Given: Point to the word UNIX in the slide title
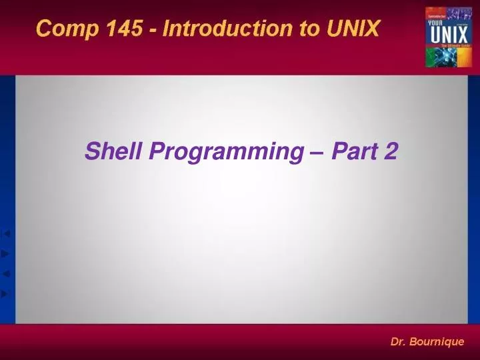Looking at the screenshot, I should point(353,29).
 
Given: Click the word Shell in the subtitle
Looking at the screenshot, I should point(114,152).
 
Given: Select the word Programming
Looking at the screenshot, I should point(225,153).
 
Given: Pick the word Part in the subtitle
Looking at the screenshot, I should point(353,152).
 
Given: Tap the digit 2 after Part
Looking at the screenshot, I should point(391,152).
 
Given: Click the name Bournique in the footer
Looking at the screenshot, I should point(438,342).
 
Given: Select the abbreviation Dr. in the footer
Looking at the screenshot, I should point(399,342).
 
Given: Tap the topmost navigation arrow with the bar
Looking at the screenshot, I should point(7,233).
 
